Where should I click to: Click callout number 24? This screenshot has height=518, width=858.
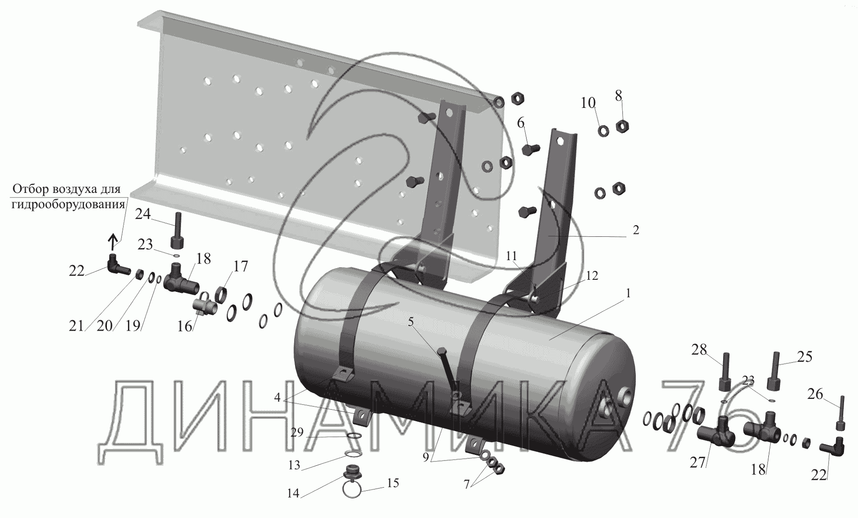(x=143, y=214)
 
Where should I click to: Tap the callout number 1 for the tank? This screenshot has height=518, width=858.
(x=628, y=293)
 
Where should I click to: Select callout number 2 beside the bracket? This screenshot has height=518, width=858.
(x=636, y=230)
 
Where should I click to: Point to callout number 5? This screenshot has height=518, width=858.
(x=411, y=322)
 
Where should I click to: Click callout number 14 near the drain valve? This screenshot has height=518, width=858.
(x=293, y=493)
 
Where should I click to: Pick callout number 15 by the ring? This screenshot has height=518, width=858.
(x=393, y=483)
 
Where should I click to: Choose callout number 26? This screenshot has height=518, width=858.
(x=815, y=395)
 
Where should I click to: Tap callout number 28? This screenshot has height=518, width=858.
(x=699, y=349)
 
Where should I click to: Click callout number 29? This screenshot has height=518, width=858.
(x=297, y=433)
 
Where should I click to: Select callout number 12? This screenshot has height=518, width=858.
(x=592, y=276)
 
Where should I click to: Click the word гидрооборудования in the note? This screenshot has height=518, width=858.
(x=69, y=204)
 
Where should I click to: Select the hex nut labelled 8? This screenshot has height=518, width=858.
(x=622, y=126)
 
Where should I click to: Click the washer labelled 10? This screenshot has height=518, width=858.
(x=603, y=131)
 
